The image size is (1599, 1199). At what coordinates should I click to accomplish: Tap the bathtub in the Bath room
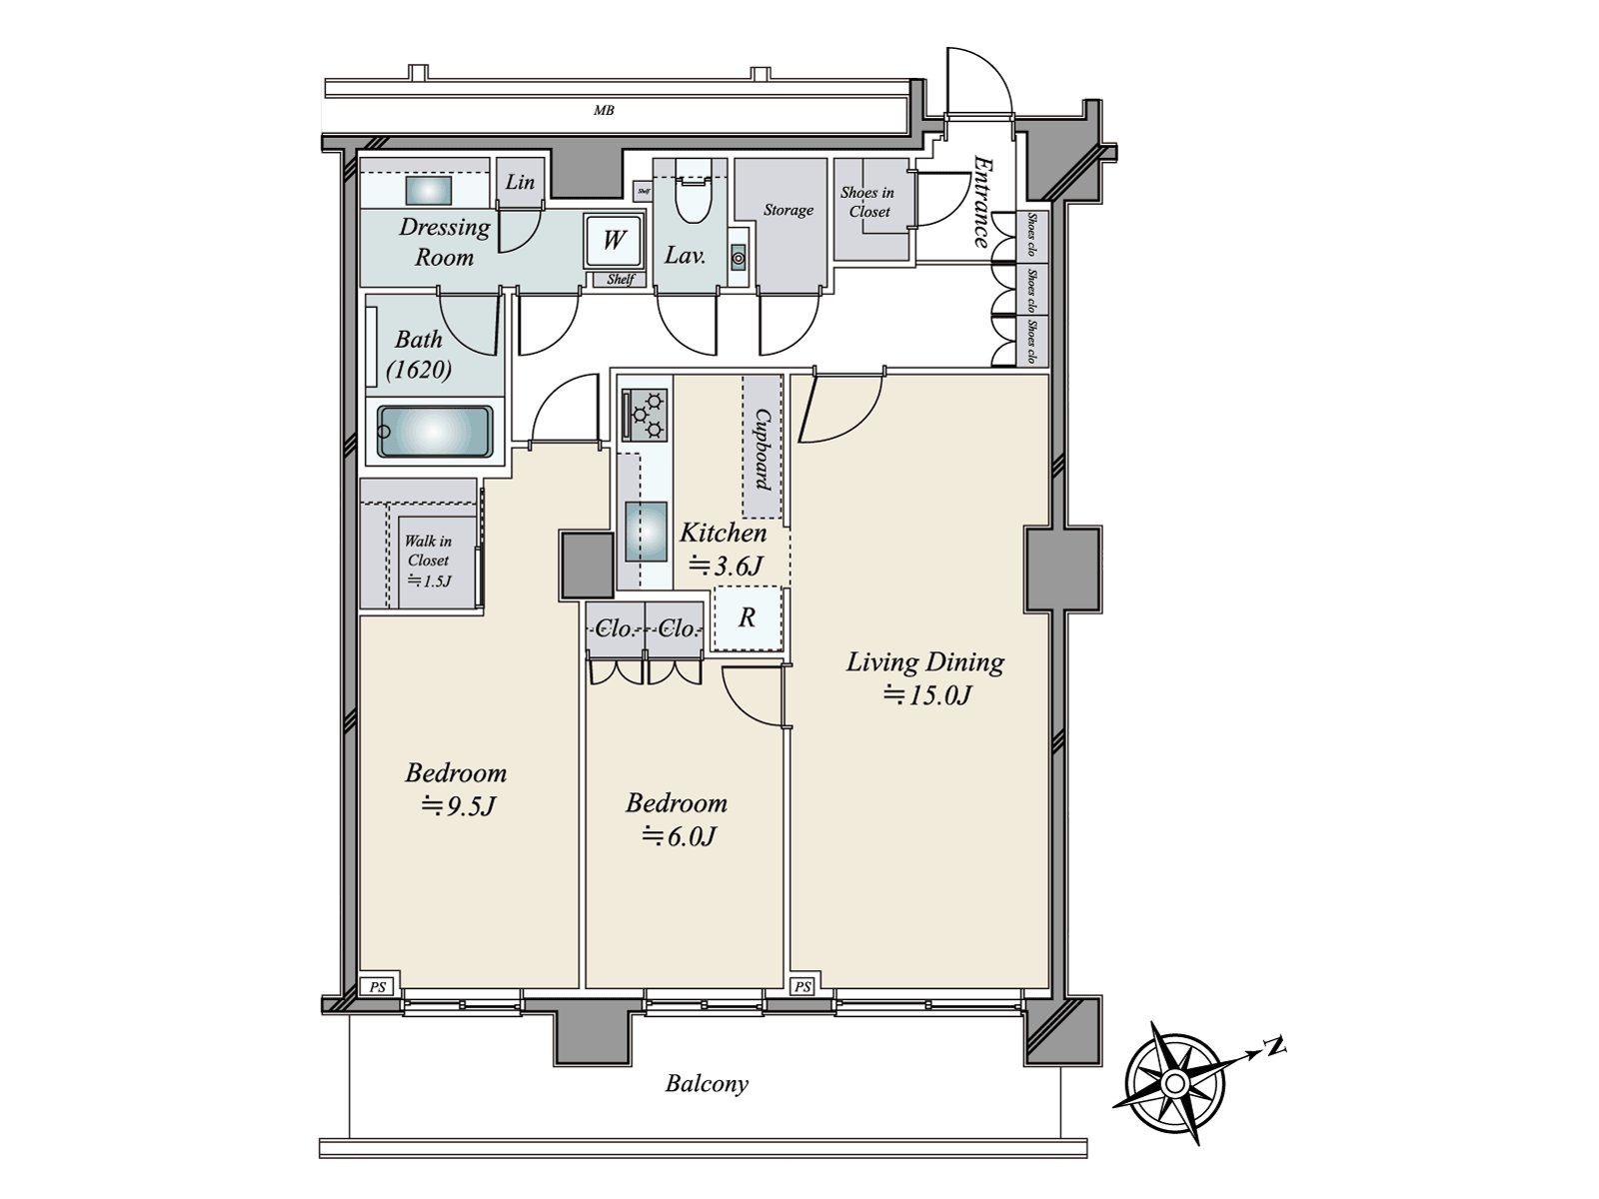[435, 432]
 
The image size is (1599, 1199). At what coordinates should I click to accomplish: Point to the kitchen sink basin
[646, 531]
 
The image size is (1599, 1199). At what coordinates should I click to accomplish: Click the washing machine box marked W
[613, 240]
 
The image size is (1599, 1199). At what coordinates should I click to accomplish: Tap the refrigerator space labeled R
[747, 618]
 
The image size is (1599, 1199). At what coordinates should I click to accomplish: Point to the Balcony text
[707, 1084]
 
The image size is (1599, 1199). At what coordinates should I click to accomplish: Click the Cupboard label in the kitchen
[763, 449]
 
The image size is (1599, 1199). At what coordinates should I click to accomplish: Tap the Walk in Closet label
[428, 560]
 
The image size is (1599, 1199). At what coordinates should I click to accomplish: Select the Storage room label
[788, 210]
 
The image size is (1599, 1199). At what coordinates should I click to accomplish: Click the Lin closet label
[520, 182]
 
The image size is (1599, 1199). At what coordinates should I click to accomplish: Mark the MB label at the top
[603, 111]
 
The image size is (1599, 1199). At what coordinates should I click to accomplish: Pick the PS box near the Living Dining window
[802, 987]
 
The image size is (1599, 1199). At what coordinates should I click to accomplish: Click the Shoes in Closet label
[867, 202]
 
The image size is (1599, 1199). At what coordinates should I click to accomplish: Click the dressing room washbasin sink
[429, 190]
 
